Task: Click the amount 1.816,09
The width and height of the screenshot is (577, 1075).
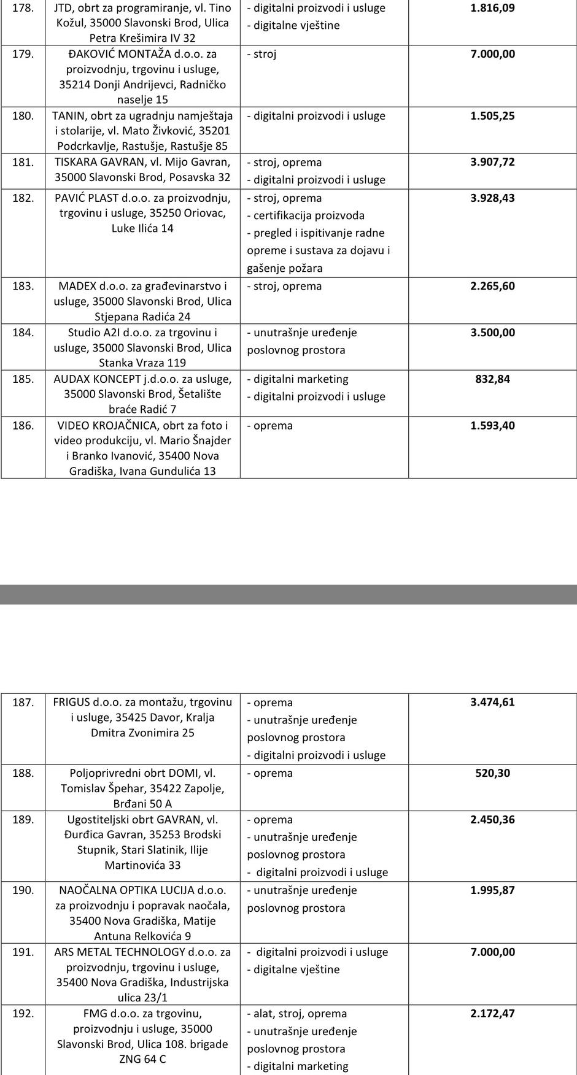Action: coord(492,8)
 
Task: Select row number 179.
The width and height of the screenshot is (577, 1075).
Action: coord(23,54)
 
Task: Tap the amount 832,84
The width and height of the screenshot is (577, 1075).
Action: coord(492,379)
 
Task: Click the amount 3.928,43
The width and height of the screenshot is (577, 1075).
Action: coord(492,198)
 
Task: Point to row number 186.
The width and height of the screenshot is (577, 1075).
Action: coord(23,426)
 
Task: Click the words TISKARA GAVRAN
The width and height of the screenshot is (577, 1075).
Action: coord(98,163)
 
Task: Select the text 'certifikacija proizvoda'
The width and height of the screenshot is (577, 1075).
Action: coord(309,215)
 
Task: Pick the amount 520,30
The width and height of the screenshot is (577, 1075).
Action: coord(492,773)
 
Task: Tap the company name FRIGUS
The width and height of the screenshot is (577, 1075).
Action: coord(71,703)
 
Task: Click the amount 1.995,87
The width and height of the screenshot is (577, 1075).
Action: coord(492,890)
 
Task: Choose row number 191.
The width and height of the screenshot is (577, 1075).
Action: coord(23,952)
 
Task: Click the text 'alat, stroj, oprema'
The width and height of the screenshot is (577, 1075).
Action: coord(300,1014)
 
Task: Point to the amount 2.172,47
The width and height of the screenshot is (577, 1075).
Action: coord(492,1014)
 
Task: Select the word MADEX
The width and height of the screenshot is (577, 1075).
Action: coord(77,287)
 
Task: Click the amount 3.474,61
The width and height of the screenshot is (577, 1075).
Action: coord(492,703)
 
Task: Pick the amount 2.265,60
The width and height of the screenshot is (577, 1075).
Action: coord(492,287)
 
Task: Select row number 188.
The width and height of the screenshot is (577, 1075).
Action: coord(23,773)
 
